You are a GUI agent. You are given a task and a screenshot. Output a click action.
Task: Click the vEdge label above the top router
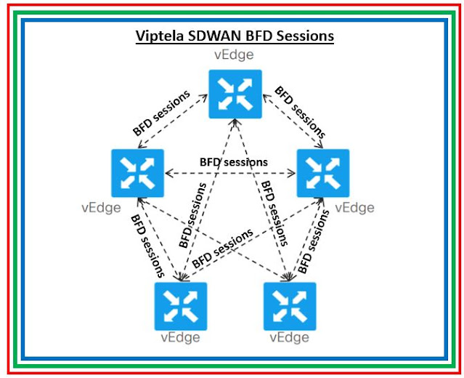coord(233,55)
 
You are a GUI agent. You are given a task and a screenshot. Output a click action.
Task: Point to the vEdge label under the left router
coord(102,209)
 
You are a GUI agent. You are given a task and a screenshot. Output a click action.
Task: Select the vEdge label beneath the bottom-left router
coord(180,337)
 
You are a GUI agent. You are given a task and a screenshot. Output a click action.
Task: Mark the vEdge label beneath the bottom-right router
coord(289,337)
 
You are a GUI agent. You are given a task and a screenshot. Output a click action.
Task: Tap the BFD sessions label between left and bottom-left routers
coord(147,246)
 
